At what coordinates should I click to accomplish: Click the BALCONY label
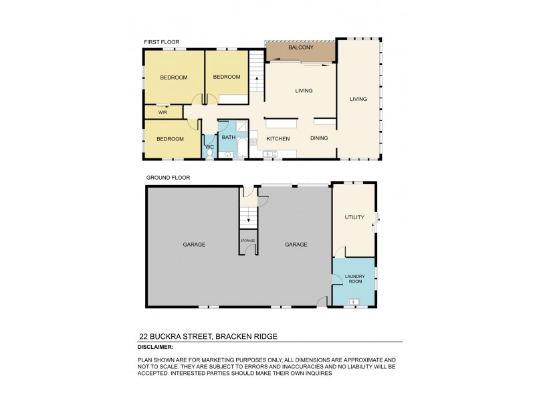[300, 48]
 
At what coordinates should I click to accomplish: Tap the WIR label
[163, 112]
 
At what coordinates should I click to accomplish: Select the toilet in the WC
[210, 153]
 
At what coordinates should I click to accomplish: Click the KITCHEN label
[278, 139]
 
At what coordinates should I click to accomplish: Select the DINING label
[319, 138]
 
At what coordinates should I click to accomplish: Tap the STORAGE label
[248, 241]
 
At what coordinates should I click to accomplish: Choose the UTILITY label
[354, 217]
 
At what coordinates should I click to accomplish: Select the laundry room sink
[354, 302]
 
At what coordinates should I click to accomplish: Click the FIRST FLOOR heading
[161, 42]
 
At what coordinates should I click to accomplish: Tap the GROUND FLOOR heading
[168, 178]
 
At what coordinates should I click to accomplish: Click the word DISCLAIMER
[155, 348]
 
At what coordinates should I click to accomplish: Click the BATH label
[229, 137]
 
